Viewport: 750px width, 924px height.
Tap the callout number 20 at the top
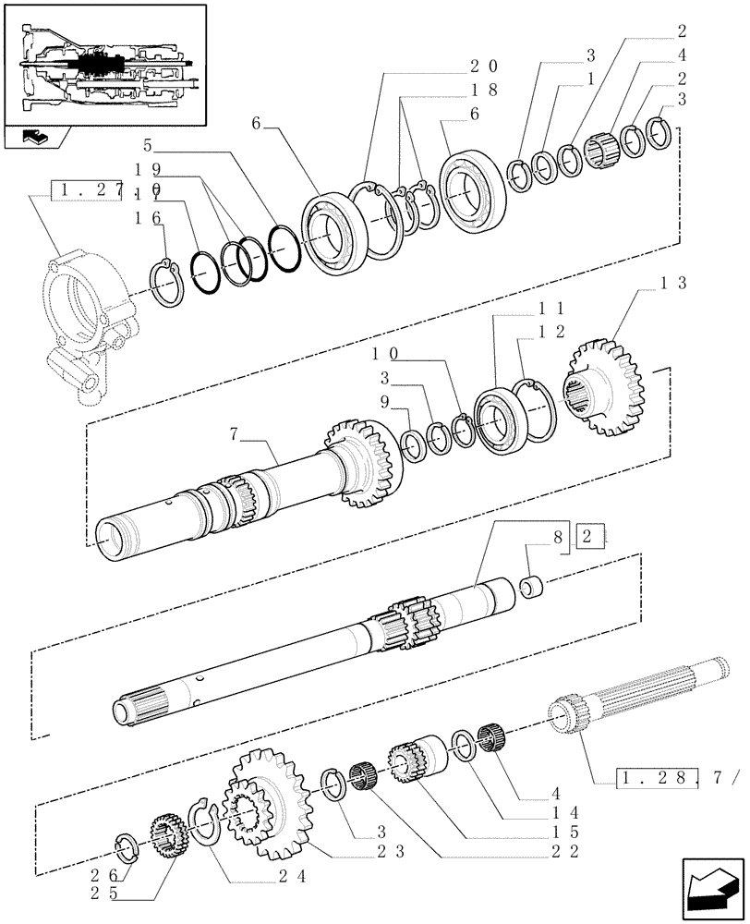click(484, 67)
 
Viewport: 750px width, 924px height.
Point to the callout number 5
click(149, 145)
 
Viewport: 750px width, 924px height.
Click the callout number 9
click(385, 402)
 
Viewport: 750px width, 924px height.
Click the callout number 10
click(386, 354)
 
